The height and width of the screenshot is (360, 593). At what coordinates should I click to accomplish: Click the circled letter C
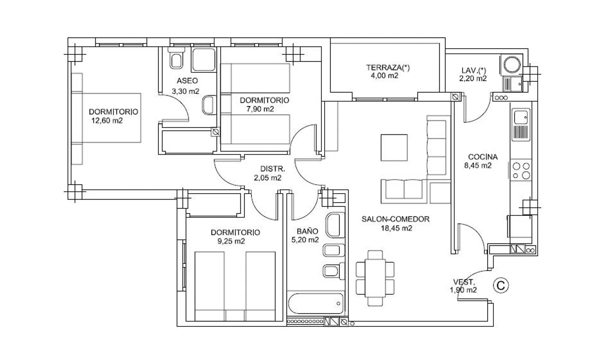click(x=501, y=286)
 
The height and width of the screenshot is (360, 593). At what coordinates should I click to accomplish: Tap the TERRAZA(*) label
click(x=388, y=68)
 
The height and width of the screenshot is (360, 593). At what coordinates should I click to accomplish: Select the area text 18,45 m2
click(x=396, y=228)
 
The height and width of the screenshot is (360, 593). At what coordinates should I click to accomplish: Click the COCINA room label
click(x=483, y=157)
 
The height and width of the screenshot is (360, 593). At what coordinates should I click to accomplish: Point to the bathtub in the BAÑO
click(x=315, y=303)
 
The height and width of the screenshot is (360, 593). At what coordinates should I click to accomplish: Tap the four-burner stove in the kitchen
click(x=521, y=170)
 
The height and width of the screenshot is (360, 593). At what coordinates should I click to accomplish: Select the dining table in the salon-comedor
click(x=375, y=279)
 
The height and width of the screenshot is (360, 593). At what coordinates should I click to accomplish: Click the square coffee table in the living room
click(x=394, y=148)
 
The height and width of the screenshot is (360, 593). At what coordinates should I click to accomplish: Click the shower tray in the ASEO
click(x=204, y=60)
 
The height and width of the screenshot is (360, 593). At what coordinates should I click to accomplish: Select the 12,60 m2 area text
click(x=107, y=121)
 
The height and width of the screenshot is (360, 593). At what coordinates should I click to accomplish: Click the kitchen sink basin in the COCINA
click(x=521, y=117)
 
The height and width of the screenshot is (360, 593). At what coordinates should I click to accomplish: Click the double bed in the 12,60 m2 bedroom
click(x=106, y=118)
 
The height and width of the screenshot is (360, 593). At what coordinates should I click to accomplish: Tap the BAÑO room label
click(x=307, y=231)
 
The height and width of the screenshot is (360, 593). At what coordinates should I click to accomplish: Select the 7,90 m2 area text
click(x=260, y=109)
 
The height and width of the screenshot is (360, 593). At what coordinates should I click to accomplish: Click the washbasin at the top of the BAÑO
click(x=334, y=225)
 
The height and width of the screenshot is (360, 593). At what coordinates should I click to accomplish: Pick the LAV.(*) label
click(x=474, y=70)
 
